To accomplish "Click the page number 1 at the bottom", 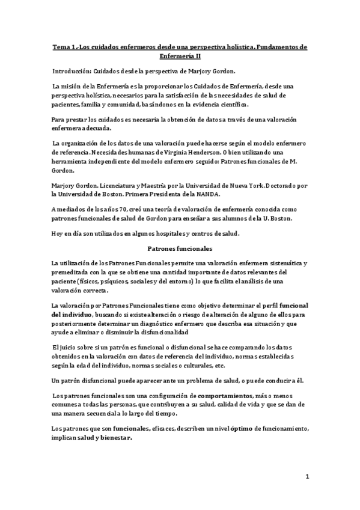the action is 307,478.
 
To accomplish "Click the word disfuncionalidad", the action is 160,331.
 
